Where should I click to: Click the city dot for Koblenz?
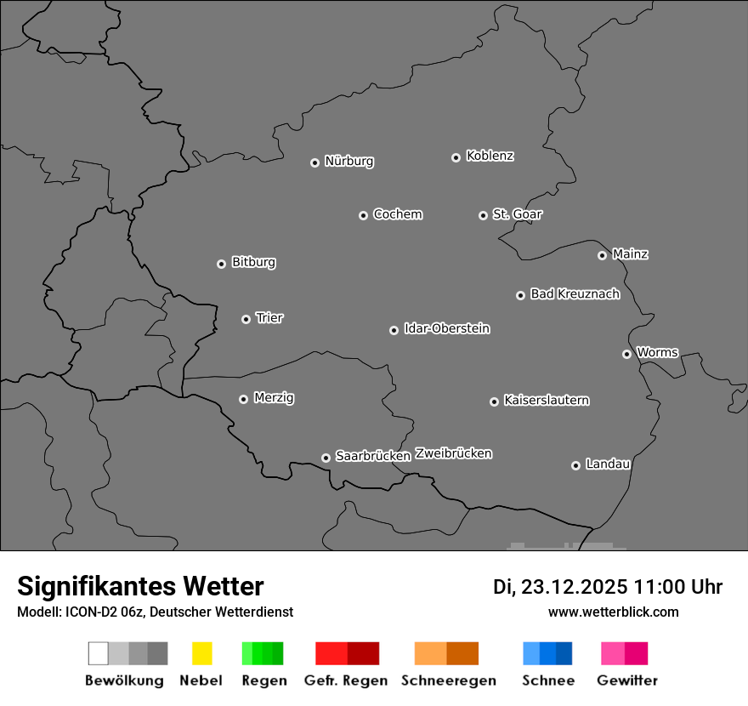tap(456, 157)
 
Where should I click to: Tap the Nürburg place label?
tap(348, 161)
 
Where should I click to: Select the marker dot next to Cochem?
tap(363, 215)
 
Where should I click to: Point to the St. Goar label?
tap(517, 214)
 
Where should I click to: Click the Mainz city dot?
tap(602, 255)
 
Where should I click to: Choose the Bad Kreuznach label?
tap(575, 294)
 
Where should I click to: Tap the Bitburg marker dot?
tap(221, 264)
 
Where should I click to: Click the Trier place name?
tap(269, 318)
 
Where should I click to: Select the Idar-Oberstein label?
tap(447, 328)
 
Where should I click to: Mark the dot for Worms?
tap(626, 354)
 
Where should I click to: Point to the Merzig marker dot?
tap(243, 399)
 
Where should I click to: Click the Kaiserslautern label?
tap(547, 400)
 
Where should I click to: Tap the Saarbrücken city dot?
tap(326, 458)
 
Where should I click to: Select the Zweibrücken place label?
tap(453, 453)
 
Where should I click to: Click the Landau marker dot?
tap(575, 465)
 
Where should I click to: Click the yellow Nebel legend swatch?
tap(201, 653)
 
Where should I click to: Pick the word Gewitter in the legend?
tap(627, 680)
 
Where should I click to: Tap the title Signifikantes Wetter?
tap(140, 587)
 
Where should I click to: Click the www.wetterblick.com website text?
tap(613, 612)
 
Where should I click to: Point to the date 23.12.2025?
tap(575, 587)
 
